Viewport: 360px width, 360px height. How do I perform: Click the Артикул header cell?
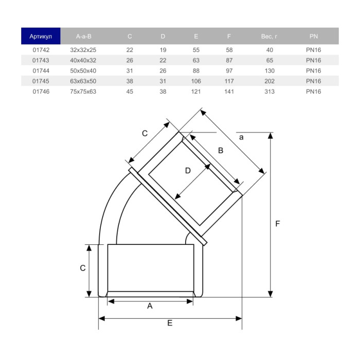[40, 37]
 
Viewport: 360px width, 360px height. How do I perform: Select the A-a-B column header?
[83, 37]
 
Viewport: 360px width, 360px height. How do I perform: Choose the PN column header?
[313, 37]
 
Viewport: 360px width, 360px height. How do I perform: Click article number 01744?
[40, 71]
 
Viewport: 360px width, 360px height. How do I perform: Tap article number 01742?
[40, 50]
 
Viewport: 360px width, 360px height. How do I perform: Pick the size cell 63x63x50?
[83, 81]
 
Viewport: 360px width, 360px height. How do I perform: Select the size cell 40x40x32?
[83, 61]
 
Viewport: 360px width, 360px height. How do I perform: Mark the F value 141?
[229, 92]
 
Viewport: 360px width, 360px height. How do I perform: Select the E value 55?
[196, 50]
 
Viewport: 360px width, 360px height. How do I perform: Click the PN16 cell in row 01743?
[313, 61]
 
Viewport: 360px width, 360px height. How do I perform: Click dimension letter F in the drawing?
[278, 224]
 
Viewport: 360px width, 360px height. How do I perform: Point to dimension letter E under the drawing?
[169, 323]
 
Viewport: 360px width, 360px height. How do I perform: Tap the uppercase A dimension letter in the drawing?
[150, 306]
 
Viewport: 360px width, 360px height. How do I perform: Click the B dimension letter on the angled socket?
[220, 151]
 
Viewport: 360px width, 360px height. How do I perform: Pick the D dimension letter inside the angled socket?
[188, 170]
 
